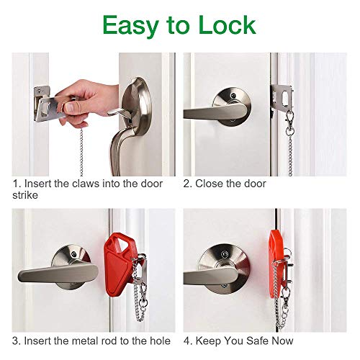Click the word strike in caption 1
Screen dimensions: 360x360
pos(26,196)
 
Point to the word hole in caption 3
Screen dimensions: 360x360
pos(160,341)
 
